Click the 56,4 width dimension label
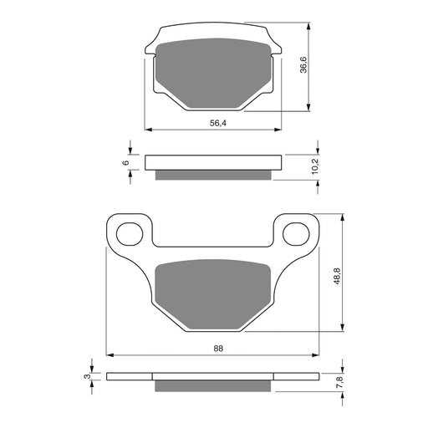(216, 123)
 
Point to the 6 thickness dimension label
(125, 161)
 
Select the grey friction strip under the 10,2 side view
(214, 175)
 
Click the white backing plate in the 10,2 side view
(214, 162)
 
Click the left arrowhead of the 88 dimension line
(109, 354)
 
